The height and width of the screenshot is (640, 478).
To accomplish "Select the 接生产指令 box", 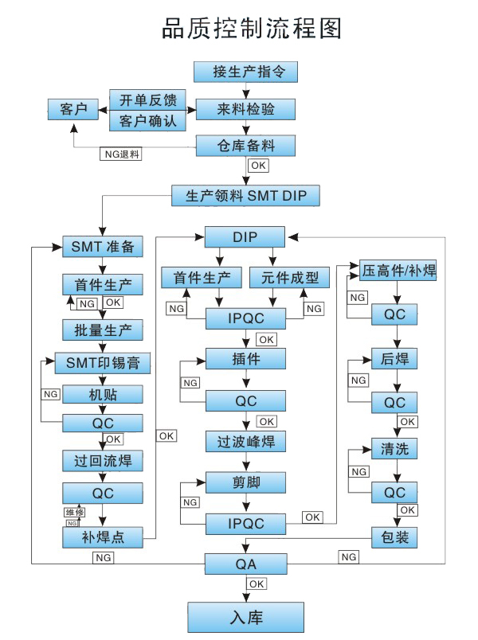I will [245, 71].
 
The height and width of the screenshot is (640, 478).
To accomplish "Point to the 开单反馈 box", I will [147, 100].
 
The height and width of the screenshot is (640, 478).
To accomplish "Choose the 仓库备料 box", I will [246, 146].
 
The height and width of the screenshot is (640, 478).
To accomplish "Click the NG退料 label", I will [121, 154].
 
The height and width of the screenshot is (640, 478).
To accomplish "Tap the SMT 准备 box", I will [103, 247].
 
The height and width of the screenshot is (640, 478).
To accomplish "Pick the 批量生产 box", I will [103, 329].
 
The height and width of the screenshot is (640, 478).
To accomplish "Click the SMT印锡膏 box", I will [103, 363].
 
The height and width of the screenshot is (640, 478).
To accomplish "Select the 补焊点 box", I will [103, 539].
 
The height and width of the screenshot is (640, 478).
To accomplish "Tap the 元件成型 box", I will [284, 278].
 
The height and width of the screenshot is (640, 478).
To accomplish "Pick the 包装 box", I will [395, 538].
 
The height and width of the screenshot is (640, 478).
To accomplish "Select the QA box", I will [245, 564].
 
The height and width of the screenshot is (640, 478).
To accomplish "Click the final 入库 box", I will [245, 617].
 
